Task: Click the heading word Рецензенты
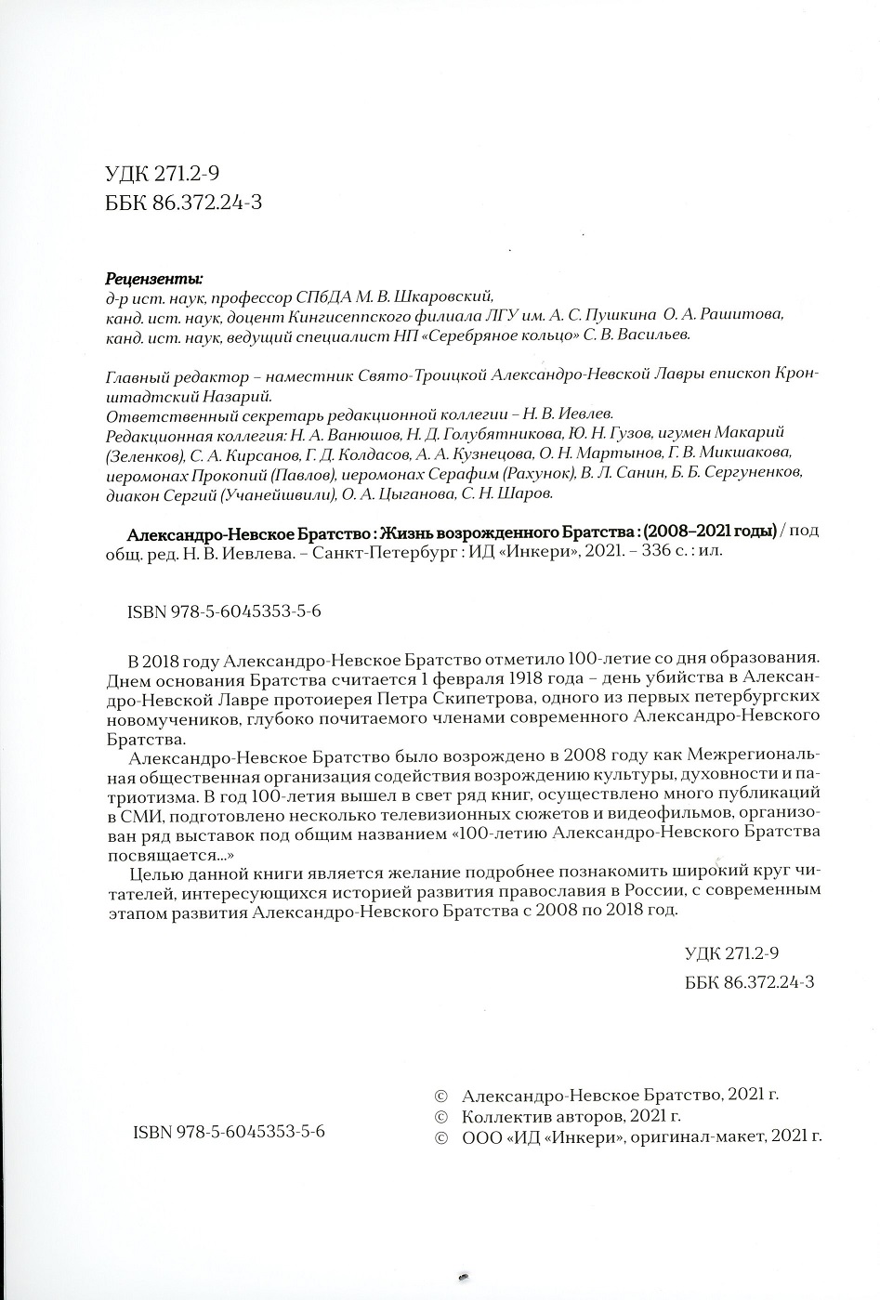pos(154,278)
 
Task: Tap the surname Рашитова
pos(746,315)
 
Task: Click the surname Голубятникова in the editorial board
pos(508,434)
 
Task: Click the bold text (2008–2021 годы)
pos(711,532)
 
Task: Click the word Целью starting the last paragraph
pos(154,873)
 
